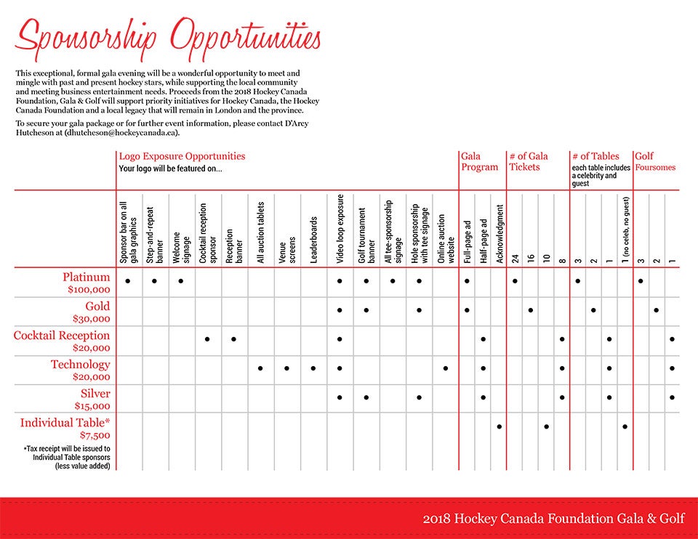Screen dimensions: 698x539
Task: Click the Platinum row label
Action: (86, 277)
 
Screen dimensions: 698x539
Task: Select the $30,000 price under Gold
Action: (92, 318)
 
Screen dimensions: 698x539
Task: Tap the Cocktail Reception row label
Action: (61, 336)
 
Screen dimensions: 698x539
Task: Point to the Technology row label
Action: (80, 365)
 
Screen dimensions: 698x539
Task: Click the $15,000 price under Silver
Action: (92, 405)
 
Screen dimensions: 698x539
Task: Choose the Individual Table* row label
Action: (65, 423)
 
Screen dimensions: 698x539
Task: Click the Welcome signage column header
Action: (181, 247)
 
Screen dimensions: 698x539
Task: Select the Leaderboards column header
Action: (313, 240)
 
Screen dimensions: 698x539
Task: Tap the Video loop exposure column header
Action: (340, 229)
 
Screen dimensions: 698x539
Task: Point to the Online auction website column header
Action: (446, 239)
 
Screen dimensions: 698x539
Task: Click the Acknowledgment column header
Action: (500, 234)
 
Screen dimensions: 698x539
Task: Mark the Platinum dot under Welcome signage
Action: (181, 281)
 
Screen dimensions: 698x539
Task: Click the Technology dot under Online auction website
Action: (446, 368)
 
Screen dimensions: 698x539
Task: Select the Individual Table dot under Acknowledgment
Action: (500, 426)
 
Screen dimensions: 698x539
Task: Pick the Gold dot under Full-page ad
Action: (467, 310)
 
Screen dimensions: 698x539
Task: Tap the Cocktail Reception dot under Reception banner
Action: (233, 339)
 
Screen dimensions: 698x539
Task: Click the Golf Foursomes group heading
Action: (655, 161)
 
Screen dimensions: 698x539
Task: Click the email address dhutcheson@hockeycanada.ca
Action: (121, 132)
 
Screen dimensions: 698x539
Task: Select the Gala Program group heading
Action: (479, 161)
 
